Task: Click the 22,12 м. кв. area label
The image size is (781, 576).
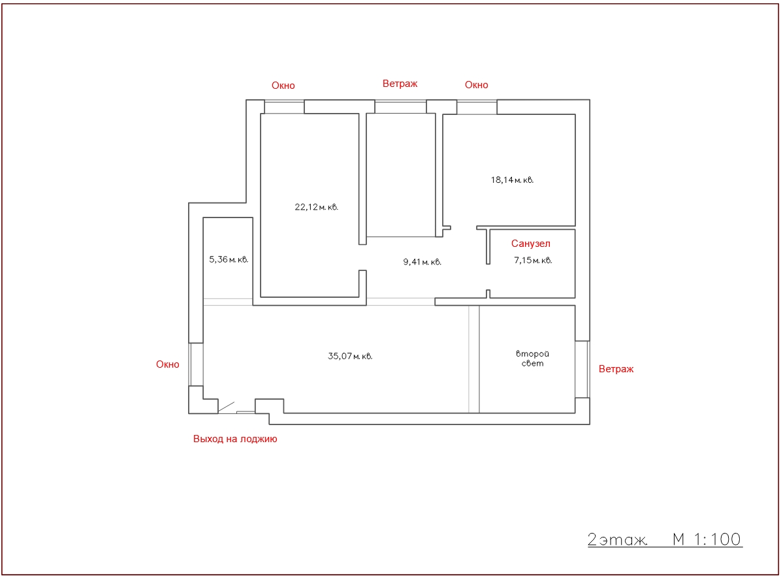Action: pyautogui.click(x=316, y=207)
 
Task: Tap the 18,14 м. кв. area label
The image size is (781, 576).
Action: pyautogui.click(x=512, y=180)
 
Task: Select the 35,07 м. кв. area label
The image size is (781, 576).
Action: pyautogui.click(x=349, y=357)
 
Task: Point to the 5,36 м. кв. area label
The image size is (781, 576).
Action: pyautogui.click(x=229, y=260)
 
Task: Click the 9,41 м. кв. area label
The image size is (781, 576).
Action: pyautogui.click(x=422, y=262)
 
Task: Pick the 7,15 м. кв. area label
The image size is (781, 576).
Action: pyautogui.click(x=533, y=261)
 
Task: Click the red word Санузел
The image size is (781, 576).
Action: pyautogui.click(x=530, y=244)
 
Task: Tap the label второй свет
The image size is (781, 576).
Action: pyautogui.click(x=532, y=359)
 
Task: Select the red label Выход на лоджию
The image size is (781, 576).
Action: pyautogui.click(x=235, y=439)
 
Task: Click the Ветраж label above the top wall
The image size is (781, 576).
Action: pyautogui.click(x=400, y=84)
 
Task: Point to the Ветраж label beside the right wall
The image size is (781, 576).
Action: pyautogui.click(x=616, y=369)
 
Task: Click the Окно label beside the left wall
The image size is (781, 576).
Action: pyautogui.click(x=168, y=364)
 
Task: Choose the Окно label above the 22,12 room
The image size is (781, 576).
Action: pyautogui.click(x=283, y=86)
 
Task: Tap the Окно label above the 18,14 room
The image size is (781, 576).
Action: pyautogui.click(x=477, y=85)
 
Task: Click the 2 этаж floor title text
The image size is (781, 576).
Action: pyautogui.click(x=617, y=539)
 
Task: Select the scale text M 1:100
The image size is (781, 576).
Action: pyautogui.click(x=707, y=539)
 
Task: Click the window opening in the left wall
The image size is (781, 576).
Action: pyautogui.click(x=196, y=364)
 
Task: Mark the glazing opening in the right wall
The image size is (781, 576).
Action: pyautogui.click(x=582, y=369)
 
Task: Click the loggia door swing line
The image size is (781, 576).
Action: pyautogui.click(x=227, y=407)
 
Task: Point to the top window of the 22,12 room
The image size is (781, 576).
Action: pyautogui.click(x=284, y=107)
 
